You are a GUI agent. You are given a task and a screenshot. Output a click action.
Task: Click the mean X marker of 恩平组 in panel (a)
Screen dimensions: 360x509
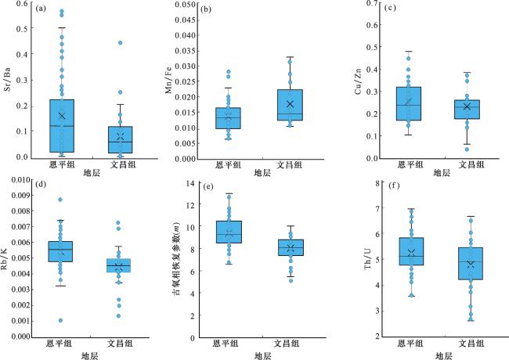pos(62,116)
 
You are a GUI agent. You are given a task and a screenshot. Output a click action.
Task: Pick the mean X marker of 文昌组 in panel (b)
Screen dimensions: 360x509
pos(289,104)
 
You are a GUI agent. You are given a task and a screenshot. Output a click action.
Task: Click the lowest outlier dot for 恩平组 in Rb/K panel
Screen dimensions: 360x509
pos(60,320)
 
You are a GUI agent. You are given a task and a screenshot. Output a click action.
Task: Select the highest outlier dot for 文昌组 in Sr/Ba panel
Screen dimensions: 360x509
pos(120,43)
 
